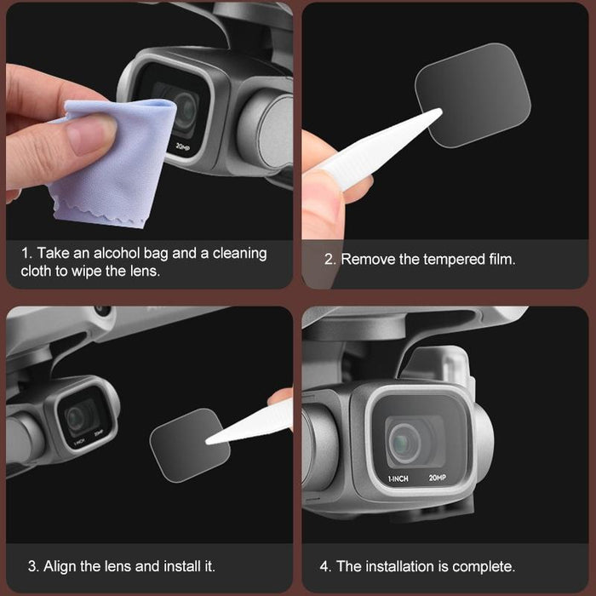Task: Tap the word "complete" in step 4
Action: [484, 565]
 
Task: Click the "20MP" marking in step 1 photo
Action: [181, 146]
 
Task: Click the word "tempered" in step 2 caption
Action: [453, 259]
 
